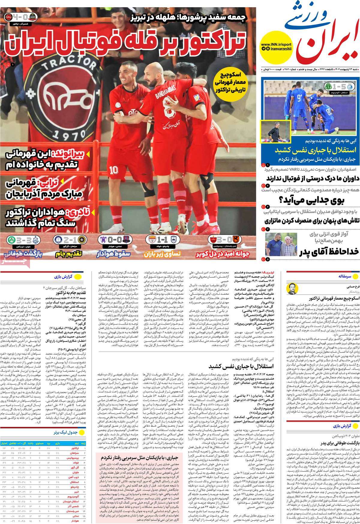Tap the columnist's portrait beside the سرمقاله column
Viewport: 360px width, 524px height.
(x=294, y=289)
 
